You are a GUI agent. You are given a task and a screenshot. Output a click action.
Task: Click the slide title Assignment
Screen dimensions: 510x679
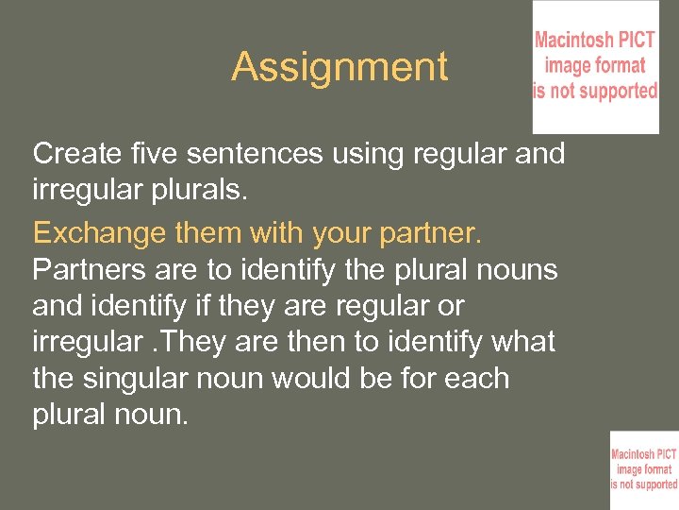coord(339,67)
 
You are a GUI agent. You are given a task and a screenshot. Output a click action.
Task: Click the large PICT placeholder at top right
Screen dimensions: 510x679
coord(595,67)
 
